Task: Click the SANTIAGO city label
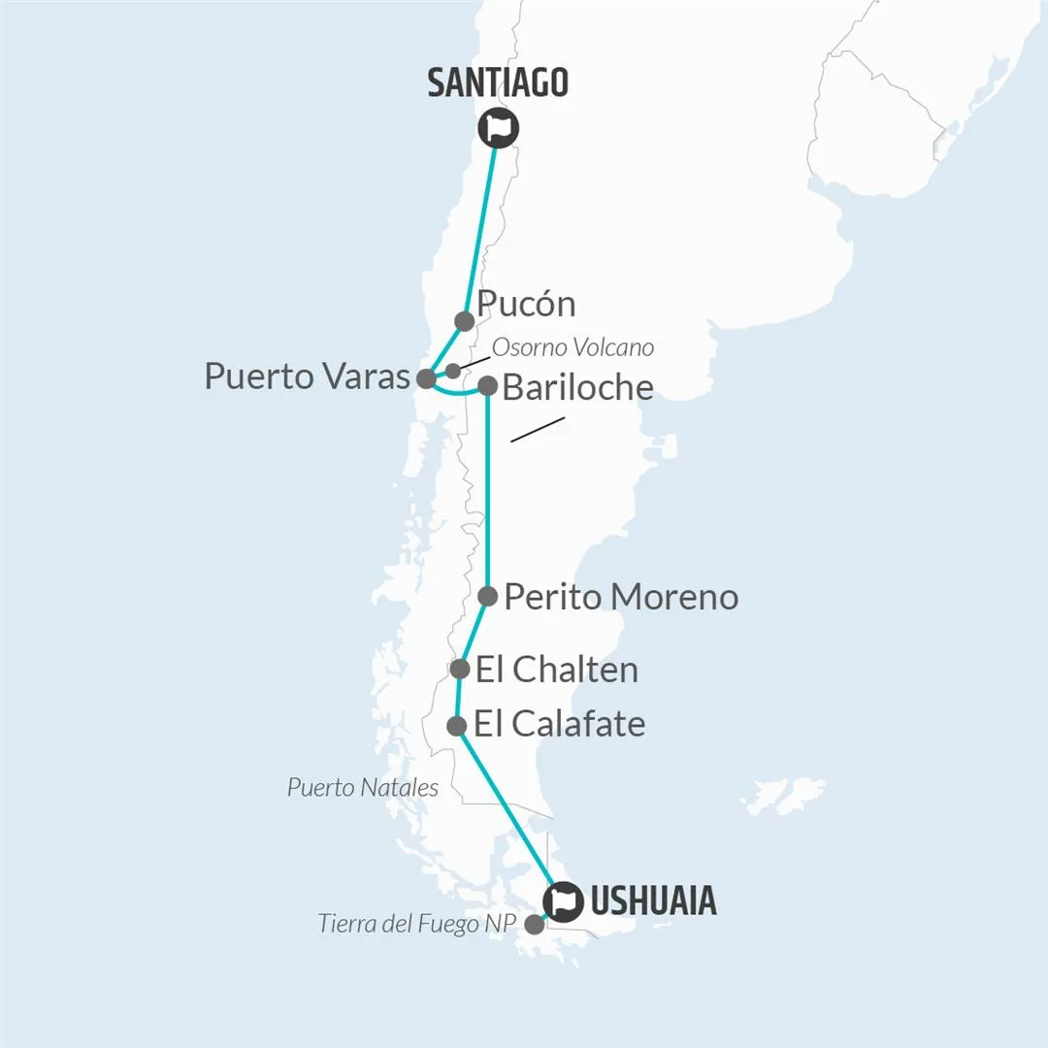[x=497, y=82]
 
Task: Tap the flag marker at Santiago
[x=498, y=127]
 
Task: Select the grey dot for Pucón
[x=464, y=321]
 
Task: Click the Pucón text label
[x=527, y=304]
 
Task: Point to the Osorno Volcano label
[x=573, y=347]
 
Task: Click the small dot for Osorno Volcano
[x=453, y=370]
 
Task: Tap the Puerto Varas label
[x=307, y=377]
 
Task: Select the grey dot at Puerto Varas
[x=426, y=378]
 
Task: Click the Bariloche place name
[x=577, y=387]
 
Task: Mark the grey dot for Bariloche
[x=487, y=386]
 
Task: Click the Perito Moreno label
[x=621, y=596]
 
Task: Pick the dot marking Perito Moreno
[x=488, y=596]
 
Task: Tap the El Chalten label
[x=556, y=670]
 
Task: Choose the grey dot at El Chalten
[x=460, y=669]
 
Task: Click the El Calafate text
[x=559, y=724]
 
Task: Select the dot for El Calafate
[x=456, y=725]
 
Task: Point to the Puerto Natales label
[x=362, y=787]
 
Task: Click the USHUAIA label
[x=652, y=901]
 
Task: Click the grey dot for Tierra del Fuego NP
[x=534, y=925]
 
